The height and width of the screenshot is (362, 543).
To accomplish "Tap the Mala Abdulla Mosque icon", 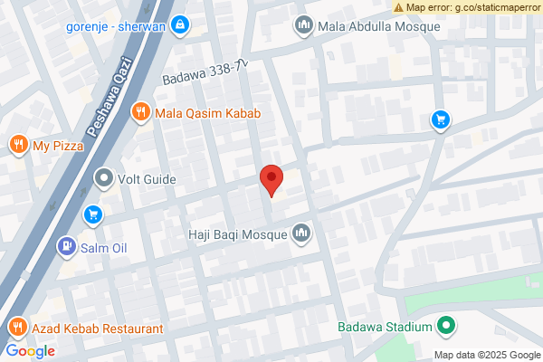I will pos(303,26).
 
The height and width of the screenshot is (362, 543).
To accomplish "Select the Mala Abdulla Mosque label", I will pos(379,26).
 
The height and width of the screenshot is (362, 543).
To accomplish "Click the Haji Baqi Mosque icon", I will pos(301,235).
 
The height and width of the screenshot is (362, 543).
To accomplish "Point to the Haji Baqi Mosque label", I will pos(237,235).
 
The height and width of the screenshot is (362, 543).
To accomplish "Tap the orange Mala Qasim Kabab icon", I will pos(139,113).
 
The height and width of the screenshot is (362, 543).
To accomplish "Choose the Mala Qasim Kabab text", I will pos(207,113).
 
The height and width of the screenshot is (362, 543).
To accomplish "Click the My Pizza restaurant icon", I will pos(17,146).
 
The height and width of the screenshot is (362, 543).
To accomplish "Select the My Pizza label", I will pos(56,146).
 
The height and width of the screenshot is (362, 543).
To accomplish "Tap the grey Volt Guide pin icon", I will pos(104,178).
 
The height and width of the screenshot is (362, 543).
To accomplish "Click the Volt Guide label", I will pos(147,178).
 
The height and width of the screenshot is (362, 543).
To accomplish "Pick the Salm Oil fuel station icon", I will pos(66,246).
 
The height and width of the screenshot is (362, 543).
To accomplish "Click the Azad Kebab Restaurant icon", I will pos(15,328).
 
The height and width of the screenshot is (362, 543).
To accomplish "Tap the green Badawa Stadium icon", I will pos(445,327).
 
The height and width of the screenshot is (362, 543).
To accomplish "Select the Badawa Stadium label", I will pos(384,327).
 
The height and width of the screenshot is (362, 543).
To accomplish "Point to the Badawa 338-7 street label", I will pos(205,73).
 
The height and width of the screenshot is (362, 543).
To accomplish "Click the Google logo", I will pos(30,351).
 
